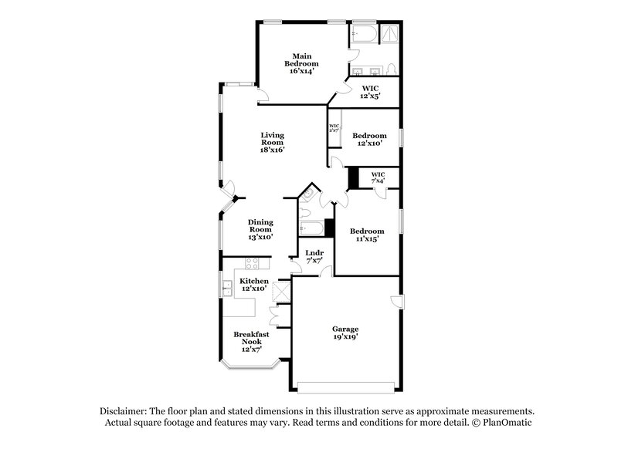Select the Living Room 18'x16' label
click(272, 142)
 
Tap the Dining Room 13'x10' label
click(260, 230)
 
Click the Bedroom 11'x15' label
click(366, 235)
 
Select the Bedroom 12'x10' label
click(369, 140)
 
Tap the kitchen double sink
click(229, 290)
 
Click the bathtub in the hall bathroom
click(312, 228)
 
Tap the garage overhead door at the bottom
click(346, 385)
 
